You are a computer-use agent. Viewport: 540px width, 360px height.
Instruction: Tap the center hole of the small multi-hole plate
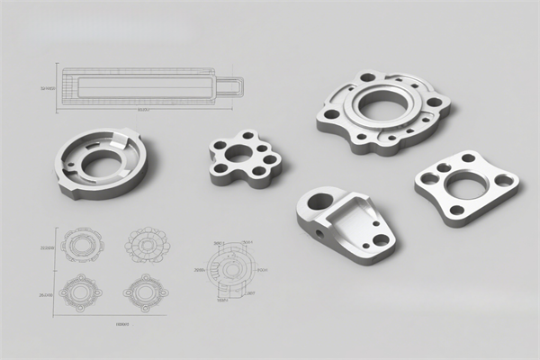(240, 153)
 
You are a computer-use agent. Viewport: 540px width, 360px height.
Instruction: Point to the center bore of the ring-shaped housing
(102, 163)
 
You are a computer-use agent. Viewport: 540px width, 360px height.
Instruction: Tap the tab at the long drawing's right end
(230, 86)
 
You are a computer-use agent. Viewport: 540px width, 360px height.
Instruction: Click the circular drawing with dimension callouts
(230, 268)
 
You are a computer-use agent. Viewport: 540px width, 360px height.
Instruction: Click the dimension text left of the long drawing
(49, 88)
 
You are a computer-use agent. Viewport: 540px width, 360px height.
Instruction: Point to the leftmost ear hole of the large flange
(331, 114)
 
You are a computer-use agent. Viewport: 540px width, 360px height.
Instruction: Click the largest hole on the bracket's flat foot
(380, 240)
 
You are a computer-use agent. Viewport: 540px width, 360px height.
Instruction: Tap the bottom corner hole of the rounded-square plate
(456, 210)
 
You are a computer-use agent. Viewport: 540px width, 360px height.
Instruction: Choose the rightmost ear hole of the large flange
(434, 102)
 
